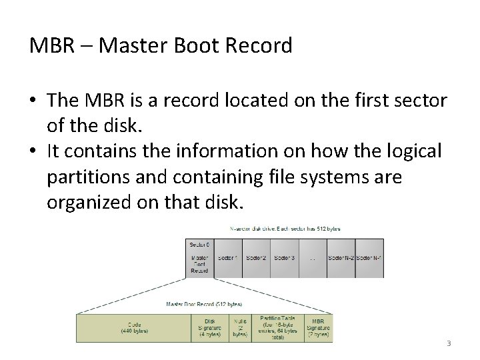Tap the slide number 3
pos(449,344)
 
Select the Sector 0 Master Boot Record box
pos(199,257)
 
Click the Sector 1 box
pos(228,257)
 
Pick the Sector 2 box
pos(256,257)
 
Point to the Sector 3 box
pos(285,257)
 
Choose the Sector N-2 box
pos(341,257)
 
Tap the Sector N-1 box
pos(369,257)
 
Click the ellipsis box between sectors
pos(313,257)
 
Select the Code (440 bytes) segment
pos(133,327)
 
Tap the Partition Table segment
pos(277,327)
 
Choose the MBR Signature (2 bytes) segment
pos(319,327)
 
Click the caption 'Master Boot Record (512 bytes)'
pos(203,305)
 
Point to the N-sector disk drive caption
pos(285,228)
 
